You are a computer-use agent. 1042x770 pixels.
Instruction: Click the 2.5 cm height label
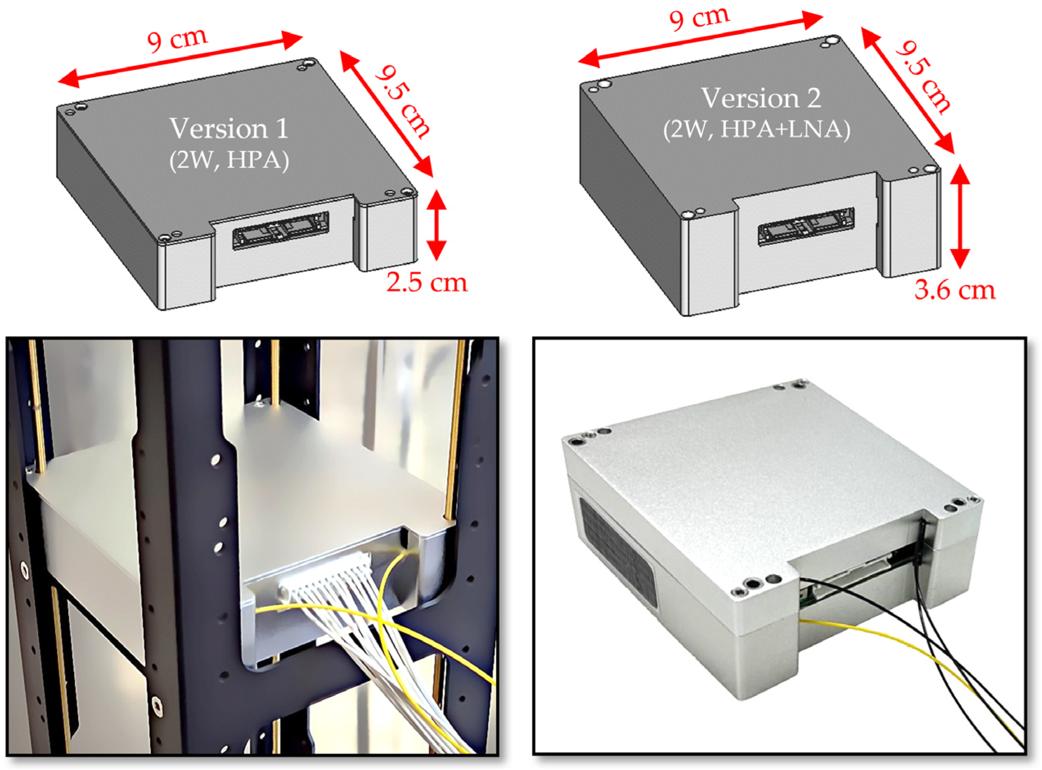click(x=426, y=283)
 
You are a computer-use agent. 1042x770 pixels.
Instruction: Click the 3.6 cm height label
click(x=954, y=290)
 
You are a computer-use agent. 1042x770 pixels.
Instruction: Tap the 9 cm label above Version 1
click(x=177, y=40)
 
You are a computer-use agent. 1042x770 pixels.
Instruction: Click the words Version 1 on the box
click(x=229, y=128)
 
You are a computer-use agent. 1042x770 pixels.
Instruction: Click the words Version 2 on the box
click(x=761, y=98)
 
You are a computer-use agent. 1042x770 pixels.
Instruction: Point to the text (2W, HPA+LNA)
click(x=756, y=129)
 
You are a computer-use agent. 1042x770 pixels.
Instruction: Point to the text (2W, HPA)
click(x=229, y=160)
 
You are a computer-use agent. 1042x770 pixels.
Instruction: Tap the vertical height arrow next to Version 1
click(x=436, y=225)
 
